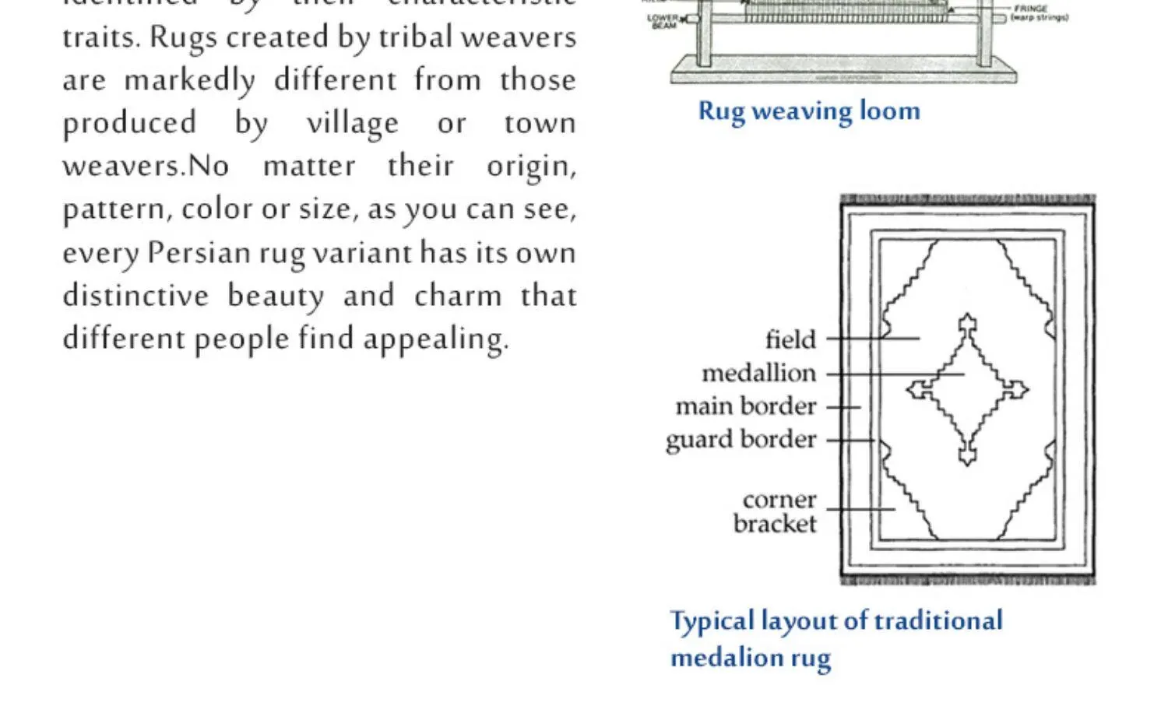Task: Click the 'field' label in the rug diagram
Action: [x=790, y=340]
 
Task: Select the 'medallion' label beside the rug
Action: [x=759, y=374]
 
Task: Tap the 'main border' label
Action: [x=746, y=406]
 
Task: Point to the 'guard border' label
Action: [x=741, y=440]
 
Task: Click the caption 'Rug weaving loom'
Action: [x=809, y=111]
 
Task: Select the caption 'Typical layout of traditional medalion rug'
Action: [x=836, y=638]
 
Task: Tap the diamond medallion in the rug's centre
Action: [x=967, y=389]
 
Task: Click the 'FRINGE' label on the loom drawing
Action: [x=1030, y=9]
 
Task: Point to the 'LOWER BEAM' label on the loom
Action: [x=663, y=22]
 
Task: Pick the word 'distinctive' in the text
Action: [x=135, y=296]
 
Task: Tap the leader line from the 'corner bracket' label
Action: [x=860, y=509]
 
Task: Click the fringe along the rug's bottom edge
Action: [x=968, y=581]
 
